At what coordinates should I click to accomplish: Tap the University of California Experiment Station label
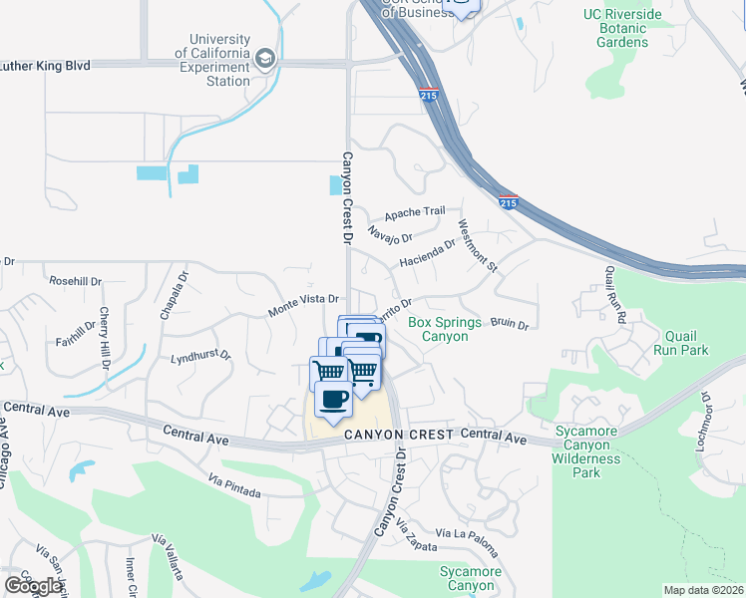pyautogui.click(x=213, y=60)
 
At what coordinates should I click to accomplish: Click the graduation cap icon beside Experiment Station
pyautogui.click(x=264, y=58)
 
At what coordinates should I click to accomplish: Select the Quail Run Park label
pyautogui.click(x=680, y=343)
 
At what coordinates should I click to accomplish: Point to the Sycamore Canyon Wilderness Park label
pyautogui.click(x=593, y=451)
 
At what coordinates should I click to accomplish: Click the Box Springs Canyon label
pyautogui.click(x=439, y=329)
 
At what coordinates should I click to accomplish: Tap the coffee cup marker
pyautogui.click(x=333, y=401)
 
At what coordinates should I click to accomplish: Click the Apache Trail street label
pyautogui.click(x=415, y=212)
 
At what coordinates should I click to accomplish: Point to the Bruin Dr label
pyautogui.click(x=509, y=324)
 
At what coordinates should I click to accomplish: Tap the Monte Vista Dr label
pyautogui.click(x=304, y=305)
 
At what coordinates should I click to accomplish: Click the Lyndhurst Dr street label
pyautogui.click(x=200, y=356)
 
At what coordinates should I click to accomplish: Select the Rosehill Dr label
pyautogui.click(x=76, y=282)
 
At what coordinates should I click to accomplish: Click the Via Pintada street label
pyautogui.click(x=235, y=486)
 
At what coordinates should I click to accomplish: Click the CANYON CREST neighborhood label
pyautogui.click(x=399, y=436)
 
